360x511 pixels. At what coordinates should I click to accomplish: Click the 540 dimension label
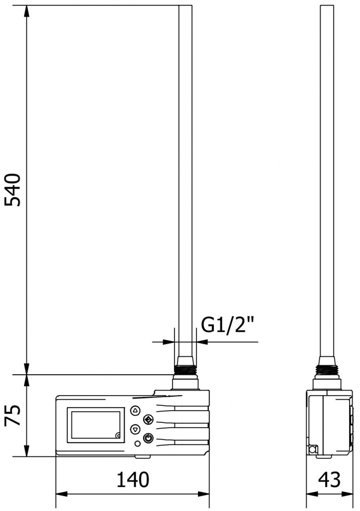point(13,190)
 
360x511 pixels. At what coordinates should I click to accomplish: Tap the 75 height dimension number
point(13,416)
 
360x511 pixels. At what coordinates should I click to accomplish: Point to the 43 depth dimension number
point(329,480)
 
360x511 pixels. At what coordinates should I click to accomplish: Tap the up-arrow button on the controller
point(135,410)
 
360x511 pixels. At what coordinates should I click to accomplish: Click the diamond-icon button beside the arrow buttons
point(148,419)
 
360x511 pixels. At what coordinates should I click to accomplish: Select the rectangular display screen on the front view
point(95,425)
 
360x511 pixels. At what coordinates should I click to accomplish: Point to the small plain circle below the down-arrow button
point(138,443)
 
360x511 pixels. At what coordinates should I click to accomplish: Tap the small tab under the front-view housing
point(142,456)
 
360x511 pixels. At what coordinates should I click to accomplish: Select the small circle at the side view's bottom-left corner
point(313,450)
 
